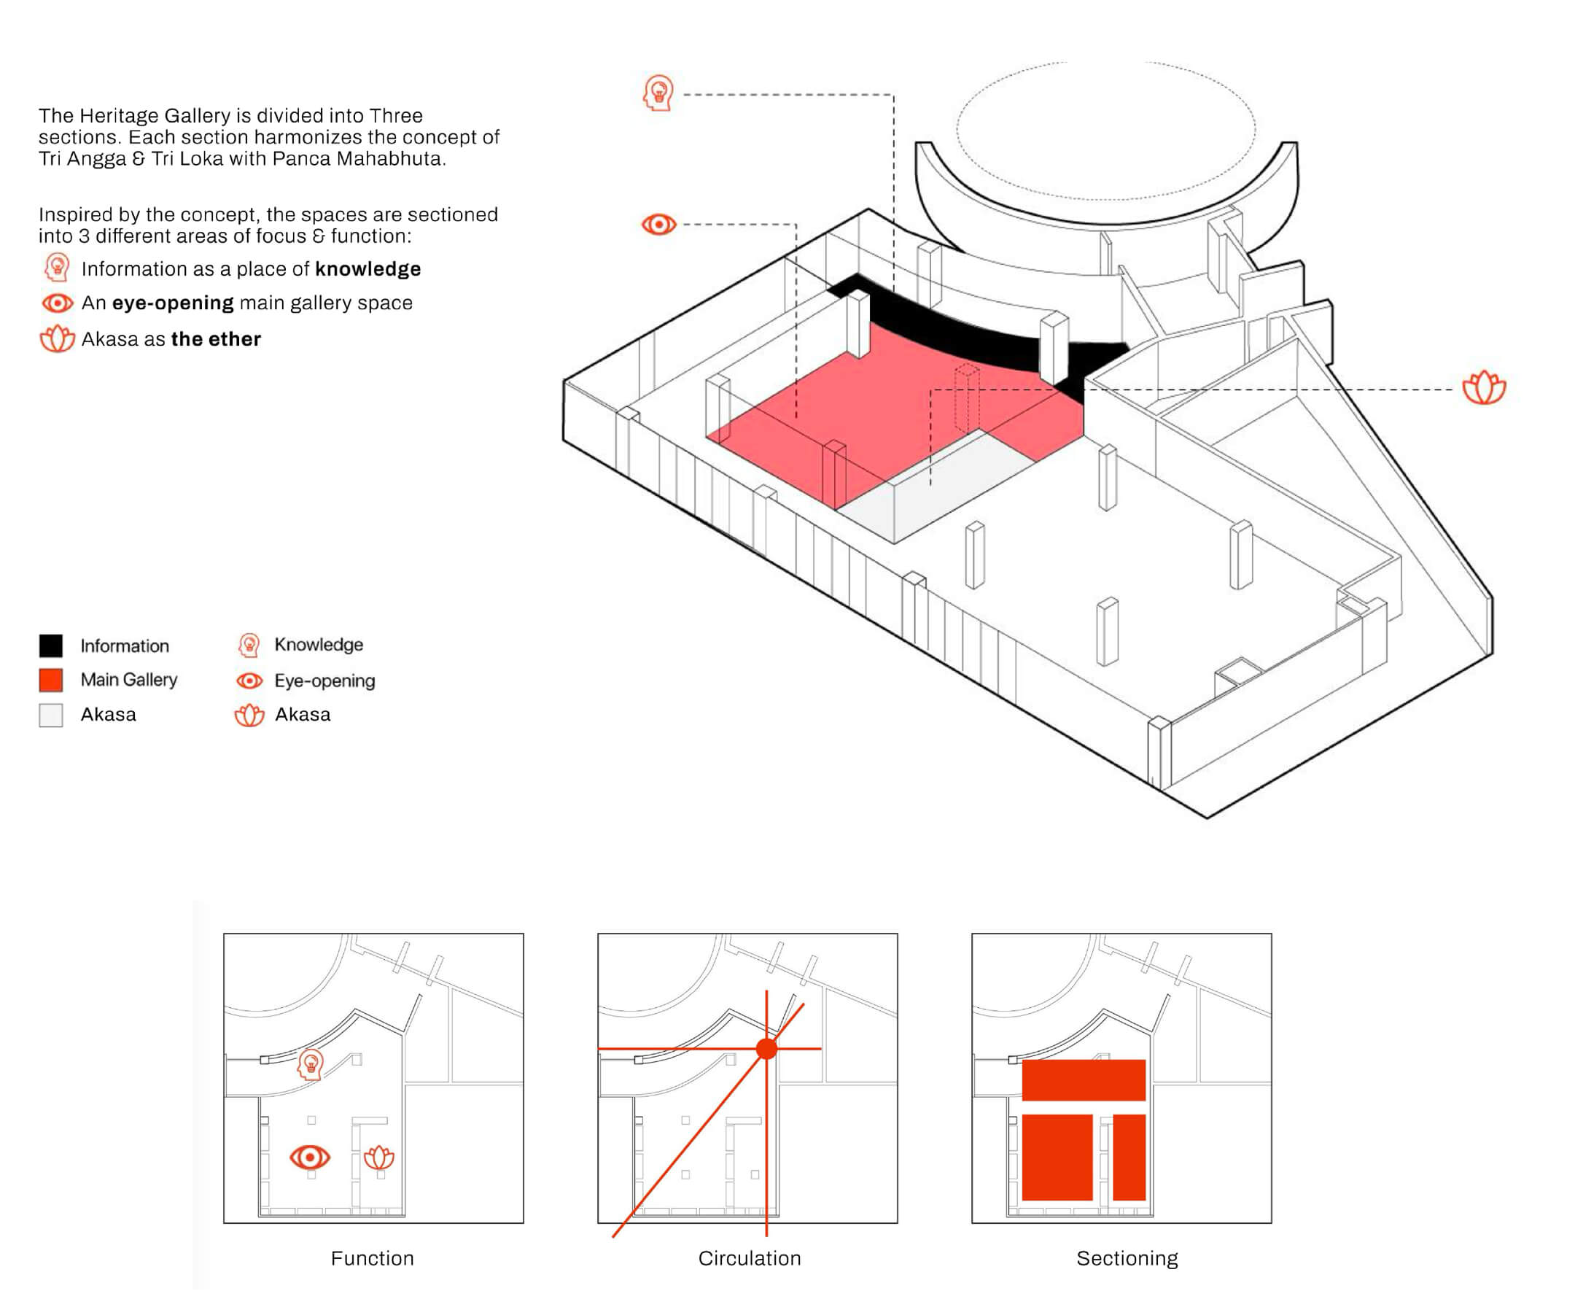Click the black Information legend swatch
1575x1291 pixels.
[x=50, y=645]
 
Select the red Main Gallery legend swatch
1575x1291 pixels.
[x=50, y=680]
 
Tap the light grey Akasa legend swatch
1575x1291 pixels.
[x=50, y=715]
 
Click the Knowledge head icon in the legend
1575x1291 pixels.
[x=249, y=645]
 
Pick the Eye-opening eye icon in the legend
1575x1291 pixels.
[x=249, y=681]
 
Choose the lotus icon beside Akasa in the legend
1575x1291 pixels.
[x=249, y=715]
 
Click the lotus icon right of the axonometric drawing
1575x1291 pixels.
[x=1484, y=387]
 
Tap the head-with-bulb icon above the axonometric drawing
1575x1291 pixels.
[x=658, y=93]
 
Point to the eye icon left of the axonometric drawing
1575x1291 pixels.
[x=658, y=224]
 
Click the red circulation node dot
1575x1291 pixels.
[x=766, y=1049]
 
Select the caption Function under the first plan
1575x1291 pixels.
[x=373, y=1258]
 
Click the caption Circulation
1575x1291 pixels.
[x=750, y=1258]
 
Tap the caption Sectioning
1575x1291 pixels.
[x=1127, y=1258]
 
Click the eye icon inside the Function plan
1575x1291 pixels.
[x=310, y=1157]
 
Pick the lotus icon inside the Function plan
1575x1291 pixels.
[x=379, y=1157]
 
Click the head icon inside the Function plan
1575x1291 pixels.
[x=310, y=1064]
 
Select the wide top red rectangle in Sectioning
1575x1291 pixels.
[x=1083, y=1079]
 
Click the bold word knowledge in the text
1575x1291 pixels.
[x=368, y=268]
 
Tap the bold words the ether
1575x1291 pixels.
[x=216, y=339]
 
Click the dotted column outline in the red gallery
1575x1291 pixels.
[x=966, y=398]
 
